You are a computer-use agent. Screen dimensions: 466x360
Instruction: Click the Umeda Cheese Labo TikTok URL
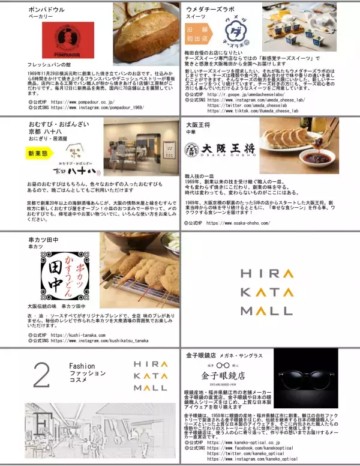pyautogui.click(x=253, y=111)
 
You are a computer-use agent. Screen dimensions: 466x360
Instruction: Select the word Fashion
pyautogui.click(x=82, y=366)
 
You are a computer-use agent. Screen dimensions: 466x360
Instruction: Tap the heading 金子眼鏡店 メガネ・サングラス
pyautogui.click(x=225, y=356)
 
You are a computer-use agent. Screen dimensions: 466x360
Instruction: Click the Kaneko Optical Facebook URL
pyautogui.click(x=251, y=447)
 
